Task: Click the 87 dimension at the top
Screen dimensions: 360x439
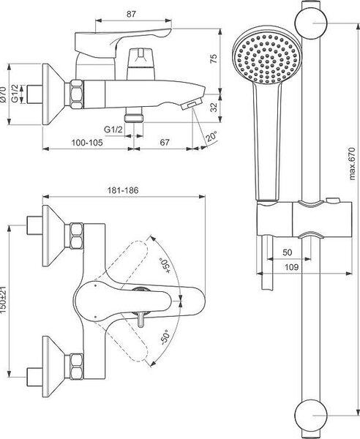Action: pos(131,14)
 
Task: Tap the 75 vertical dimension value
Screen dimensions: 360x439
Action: pos(214,59)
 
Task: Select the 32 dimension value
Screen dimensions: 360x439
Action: pos(214,107)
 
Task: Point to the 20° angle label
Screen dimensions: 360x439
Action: pos(212,137)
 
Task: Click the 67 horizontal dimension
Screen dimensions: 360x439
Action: pos(165,142)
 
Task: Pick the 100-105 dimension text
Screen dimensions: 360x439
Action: pos(87,143)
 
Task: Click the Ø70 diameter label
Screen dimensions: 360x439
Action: pos(4,94)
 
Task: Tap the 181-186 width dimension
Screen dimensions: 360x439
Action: pos(123,190)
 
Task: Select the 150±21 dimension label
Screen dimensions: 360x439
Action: pos(4,300)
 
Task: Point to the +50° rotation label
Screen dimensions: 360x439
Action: pos(165,266)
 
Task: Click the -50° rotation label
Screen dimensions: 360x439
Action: pos(165,337)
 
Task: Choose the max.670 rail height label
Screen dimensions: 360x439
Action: pos(352,164)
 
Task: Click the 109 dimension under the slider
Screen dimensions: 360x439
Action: pos(291,267)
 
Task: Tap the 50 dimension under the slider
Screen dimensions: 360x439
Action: pos(288,252)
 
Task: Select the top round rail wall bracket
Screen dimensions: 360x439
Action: pos(311,23)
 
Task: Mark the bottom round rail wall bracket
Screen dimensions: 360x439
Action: pos(311,415)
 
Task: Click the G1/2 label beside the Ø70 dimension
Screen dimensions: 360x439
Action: pos(15,94)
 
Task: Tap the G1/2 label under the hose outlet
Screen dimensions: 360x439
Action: pos(113,130)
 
